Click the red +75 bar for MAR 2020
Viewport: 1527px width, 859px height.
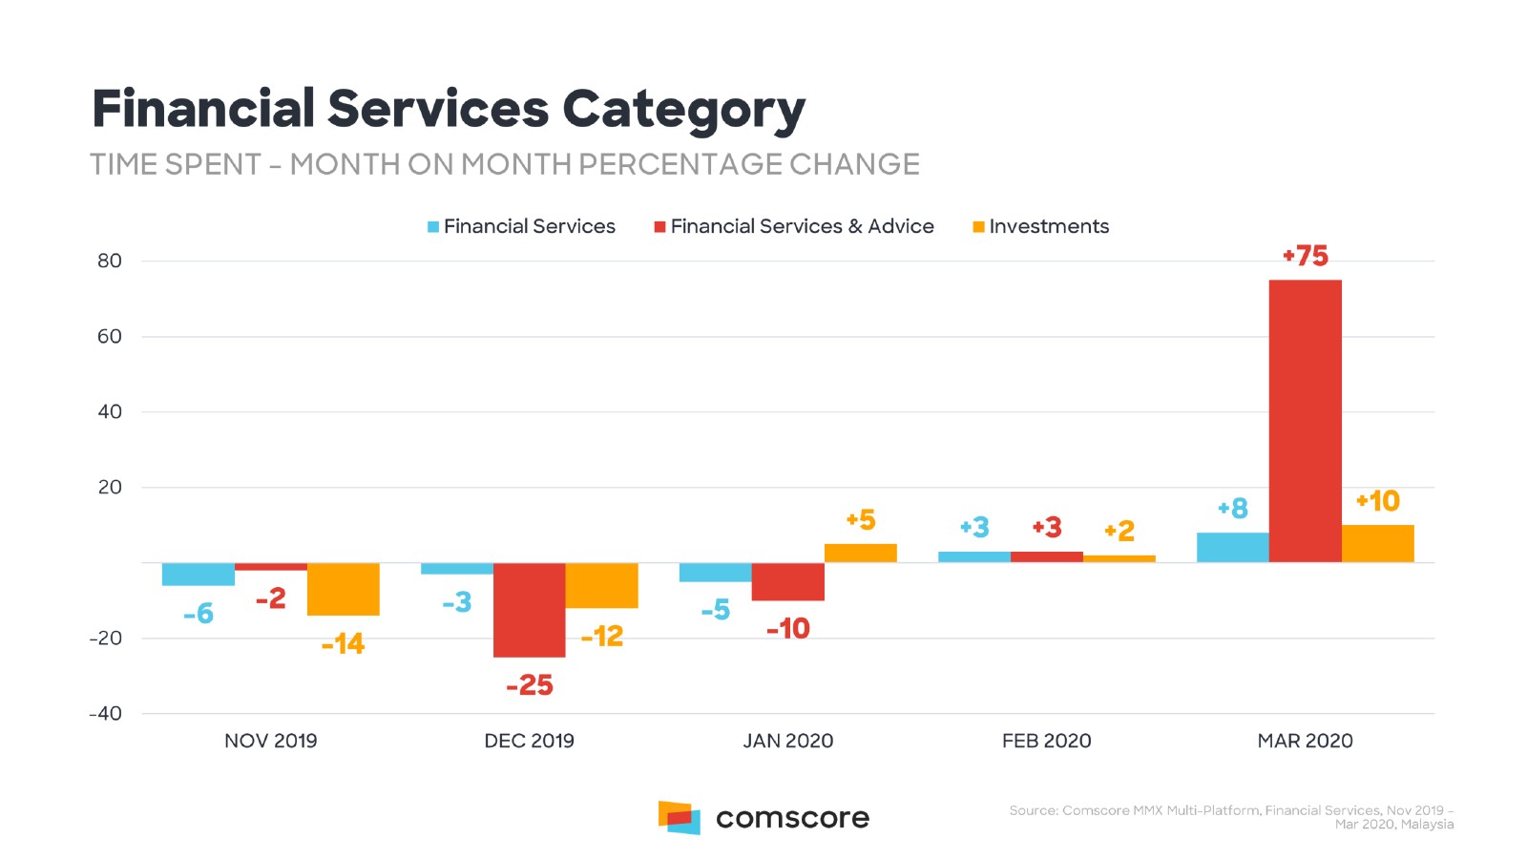(x=1305, y=421)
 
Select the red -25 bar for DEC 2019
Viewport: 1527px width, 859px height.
(x=529, y=610)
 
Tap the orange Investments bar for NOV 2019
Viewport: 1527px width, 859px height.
(x=343, y=589)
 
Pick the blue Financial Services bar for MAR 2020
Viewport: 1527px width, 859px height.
(x=1232, y=548)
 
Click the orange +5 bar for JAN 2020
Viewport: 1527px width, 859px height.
(x=860, y=553)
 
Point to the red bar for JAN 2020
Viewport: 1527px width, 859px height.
(x=787, y=581)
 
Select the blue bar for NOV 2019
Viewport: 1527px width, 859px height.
(x=199, y=574)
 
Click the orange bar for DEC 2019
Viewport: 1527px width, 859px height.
(x=601, y=585)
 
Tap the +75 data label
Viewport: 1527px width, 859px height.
(x=1305, y=256)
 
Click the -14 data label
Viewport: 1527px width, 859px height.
(x=343, y=644)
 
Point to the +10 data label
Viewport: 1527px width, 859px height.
(x=1377, y=501)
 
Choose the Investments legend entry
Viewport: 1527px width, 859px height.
(x=1040, y=226)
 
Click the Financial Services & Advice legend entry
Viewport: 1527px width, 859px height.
(x=793, y=226)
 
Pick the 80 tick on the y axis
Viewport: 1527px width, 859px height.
(x=110, y=261)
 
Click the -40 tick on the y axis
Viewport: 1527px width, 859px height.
(x=106, y=714)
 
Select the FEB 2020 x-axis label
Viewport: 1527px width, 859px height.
(x=1046, y=741)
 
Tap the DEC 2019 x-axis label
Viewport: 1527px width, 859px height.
(x=529, y=741)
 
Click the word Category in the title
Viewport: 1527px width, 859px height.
(x=683, y=110)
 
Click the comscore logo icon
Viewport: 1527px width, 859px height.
(x=679, y=818)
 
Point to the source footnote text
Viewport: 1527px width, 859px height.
(x=1231, y=817)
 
